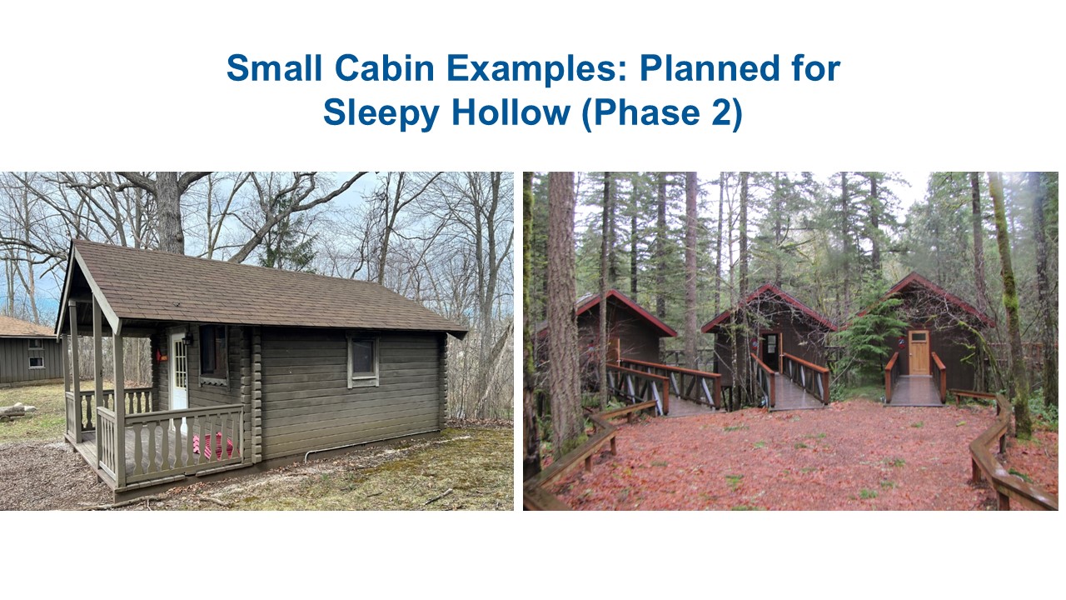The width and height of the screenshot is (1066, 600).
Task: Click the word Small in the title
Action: click(274, 67)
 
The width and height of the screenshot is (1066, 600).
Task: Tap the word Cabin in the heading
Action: click(385, 67)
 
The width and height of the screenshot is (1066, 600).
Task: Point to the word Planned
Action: click(710, 67)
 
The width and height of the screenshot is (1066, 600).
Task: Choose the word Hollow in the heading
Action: click(511, 112)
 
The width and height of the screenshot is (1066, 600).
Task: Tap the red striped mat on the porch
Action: click(213, 446)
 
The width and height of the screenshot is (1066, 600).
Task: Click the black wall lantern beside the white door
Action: click(187, 339)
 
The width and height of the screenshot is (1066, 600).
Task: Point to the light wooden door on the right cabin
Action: click(919, 352)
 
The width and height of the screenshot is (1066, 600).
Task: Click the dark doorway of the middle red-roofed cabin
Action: click(770, 352)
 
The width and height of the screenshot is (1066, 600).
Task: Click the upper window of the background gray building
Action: click(36, 343)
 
